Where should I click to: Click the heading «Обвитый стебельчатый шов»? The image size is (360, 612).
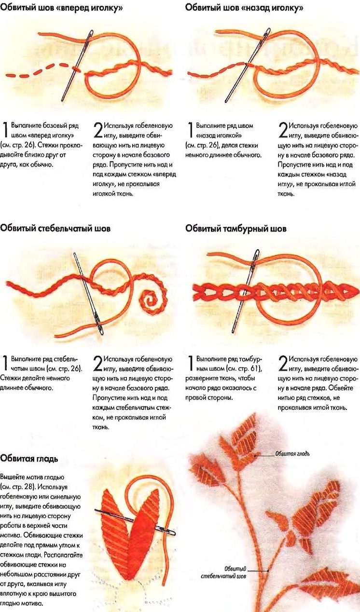pos(55,228)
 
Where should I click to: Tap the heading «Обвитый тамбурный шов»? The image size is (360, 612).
pos(235,228)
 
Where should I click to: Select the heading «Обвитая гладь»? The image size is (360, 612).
pos(29,458)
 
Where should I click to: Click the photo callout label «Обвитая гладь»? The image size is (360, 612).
pos(292,454)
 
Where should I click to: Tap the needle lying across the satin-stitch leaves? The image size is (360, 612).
pos(135,522)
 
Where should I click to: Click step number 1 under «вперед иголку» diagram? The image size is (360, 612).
pos(5,130)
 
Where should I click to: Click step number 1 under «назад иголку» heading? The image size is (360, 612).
pos(190,130)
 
